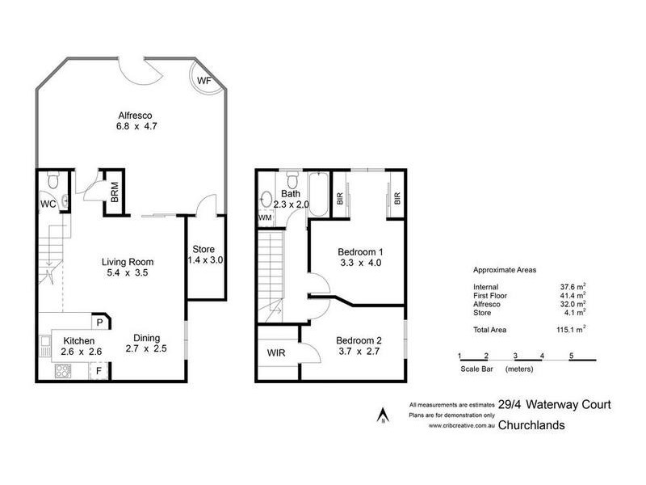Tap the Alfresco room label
pyautogui.click(x=134, y=115)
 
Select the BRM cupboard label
pyautogui.click(x=115, y=193)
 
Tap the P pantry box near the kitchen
pyautogui.click(x=99, y=322)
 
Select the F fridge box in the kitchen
pyautogui.click(x=99, y=372)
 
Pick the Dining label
pyautogui.click(x=147, y=338)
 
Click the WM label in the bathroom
pyautogui.click(x=265, y=217)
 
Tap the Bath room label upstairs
pyautogui.click(x=290, y=194)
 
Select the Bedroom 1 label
pyautogui.click(x=359, y=251)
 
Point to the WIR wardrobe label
pyautogui.click(x=277, y=352)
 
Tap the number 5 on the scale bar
pyautogui.click(x=571, y=356)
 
